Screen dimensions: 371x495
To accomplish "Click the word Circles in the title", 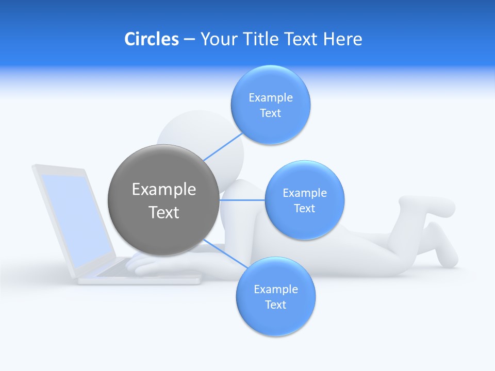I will click(151, 39).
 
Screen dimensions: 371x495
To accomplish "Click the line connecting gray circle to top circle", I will click(223, 146).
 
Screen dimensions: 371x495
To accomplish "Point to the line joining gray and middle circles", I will click(242, 200).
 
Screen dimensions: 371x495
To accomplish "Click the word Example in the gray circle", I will click(163, 190).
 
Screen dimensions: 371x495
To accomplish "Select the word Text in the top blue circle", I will click(270, 113).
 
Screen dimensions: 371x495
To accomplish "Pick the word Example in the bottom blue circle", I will click(275, 290).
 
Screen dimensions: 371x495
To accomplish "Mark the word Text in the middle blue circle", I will click(304, 209).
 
